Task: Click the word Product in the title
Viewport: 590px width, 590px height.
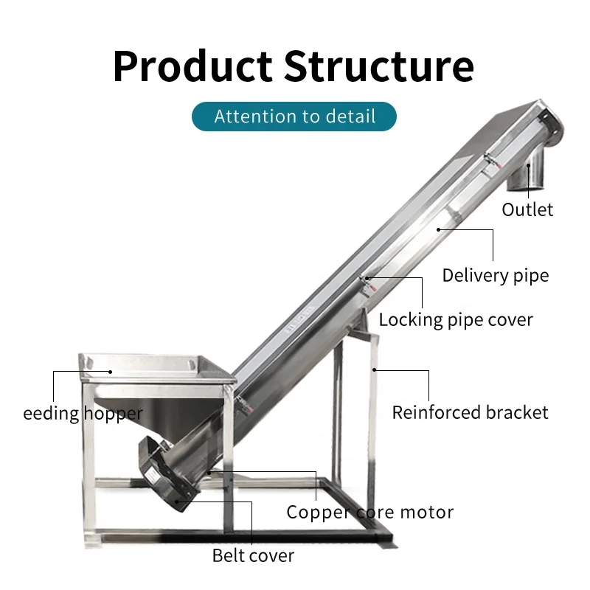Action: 193,66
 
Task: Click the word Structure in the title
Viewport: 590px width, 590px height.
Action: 378,66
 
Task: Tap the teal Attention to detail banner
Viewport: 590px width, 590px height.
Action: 294,117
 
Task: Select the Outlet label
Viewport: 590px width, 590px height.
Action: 527,209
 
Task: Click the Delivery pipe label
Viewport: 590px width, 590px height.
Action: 496,276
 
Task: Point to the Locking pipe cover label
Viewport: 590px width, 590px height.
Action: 456,320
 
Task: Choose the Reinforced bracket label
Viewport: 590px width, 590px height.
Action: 470,412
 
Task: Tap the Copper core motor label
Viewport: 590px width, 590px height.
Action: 369,512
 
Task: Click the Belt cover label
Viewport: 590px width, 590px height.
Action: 253,555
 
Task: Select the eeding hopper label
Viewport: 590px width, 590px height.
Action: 83,413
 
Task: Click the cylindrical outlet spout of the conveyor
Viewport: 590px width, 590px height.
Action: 528,172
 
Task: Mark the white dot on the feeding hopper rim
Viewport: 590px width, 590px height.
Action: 111,372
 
